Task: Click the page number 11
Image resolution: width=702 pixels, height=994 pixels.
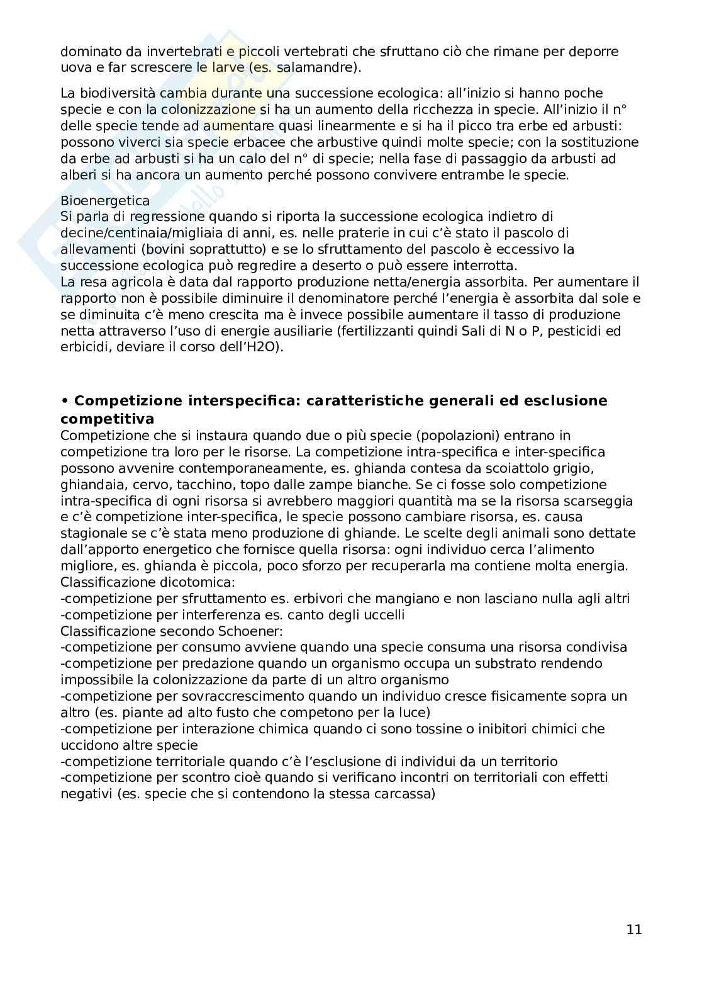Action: pyautogui.click(x=634, y=929)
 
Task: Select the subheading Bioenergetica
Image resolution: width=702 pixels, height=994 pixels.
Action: pyautogui.click(x=105, y=201)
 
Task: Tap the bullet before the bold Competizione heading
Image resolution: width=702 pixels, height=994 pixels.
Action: pyautogui.click(x=64, y=401)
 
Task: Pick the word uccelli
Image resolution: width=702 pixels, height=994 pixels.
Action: pyautogui.click(x=382, y=614)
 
